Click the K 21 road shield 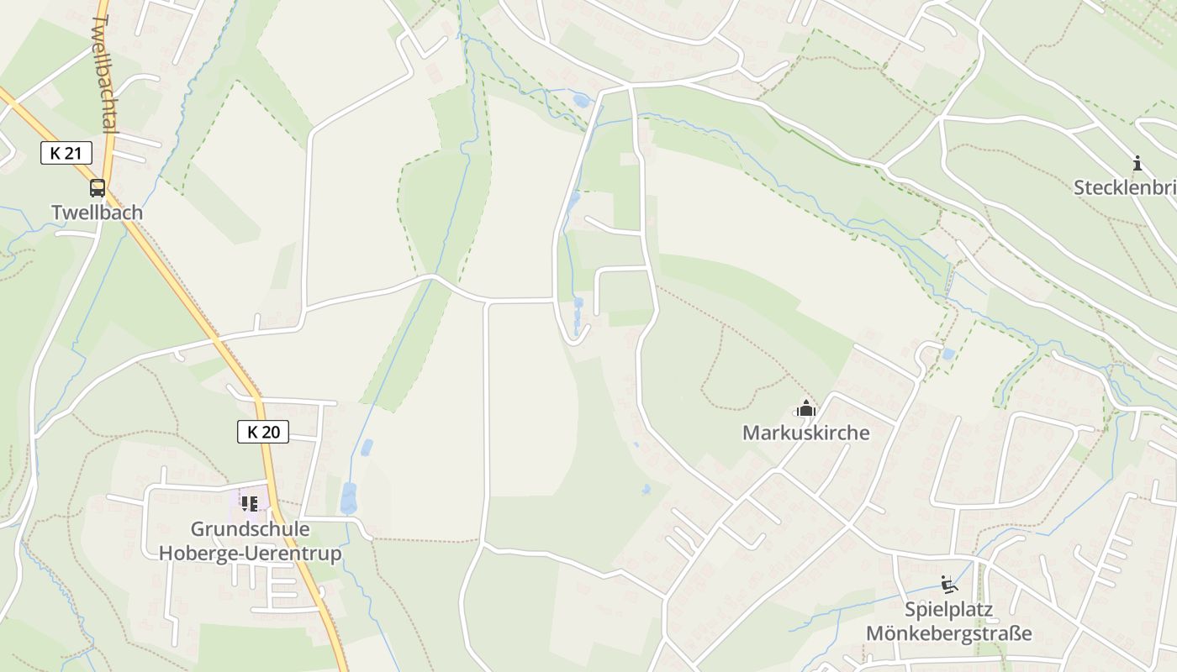tap(66, 153)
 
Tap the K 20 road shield tap(262, 432)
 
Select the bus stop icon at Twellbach tap(98, 187)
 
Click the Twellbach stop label tap(98, 213)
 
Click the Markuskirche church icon tap(806, 409)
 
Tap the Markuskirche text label tap(805, 433)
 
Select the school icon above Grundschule tap(250, 503)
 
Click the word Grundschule tap(250, 529)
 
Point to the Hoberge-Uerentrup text tap(250, 554)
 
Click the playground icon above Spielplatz tap(949, 585)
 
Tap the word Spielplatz tap(949, 610)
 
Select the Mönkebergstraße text tap(949, 633)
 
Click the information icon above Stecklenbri tap(1137, 163)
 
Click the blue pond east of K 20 tap(348, 498)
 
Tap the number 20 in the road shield tap(271, 432)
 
